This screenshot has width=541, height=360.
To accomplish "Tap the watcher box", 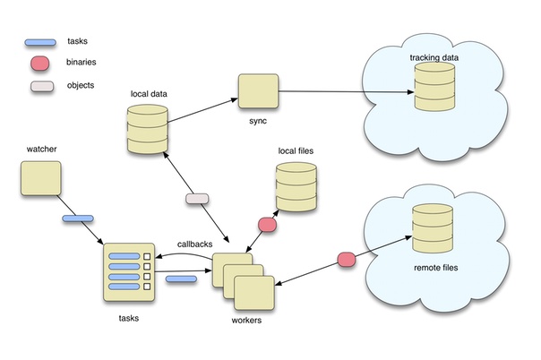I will click(40, 178).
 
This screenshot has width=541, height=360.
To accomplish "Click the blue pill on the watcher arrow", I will click(78, 219).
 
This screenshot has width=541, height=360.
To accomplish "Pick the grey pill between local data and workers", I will click(195, 198).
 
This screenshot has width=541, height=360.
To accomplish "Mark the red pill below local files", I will click(268, 223).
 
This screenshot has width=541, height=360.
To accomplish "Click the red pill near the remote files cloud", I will click(347, 260).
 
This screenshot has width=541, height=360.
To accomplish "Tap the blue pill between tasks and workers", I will click(182, 281).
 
